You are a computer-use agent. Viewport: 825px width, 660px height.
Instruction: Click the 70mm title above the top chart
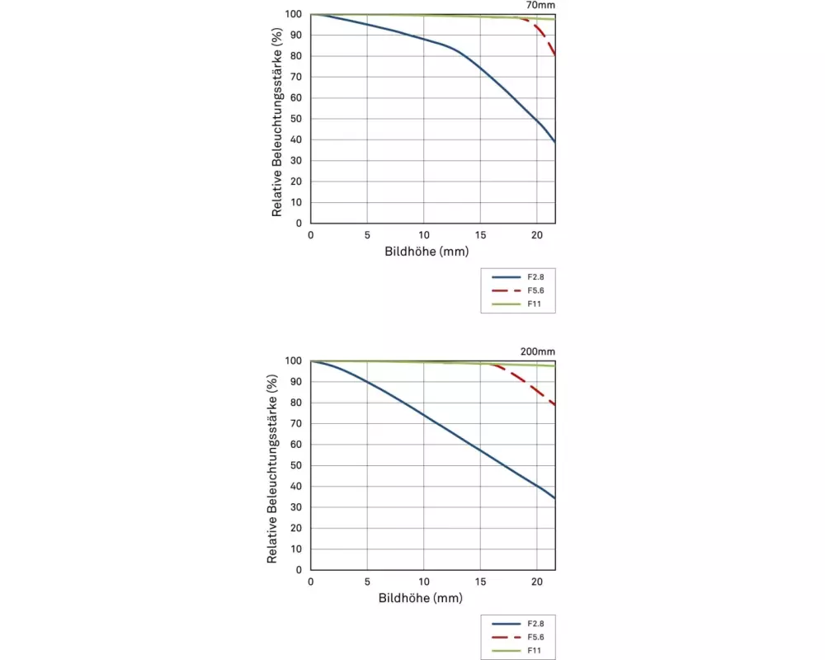(x=540, y=5)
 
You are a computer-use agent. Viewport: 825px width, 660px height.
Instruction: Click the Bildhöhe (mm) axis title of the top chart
(x=427, y=251)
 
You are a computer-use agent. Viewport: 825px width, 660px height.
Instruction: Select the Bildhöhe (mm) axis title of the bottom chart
(x=422, y=597)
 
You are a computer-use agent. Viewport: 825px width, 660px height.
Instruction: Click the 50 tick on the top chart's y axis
(x=295, y=119)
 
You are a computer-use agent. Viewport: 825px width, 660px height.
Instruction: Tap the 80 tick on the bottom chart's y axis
(x=295, y=403)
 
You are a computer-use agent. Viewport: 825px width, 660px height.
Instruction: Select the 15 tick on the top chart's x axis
(x=480, y=234)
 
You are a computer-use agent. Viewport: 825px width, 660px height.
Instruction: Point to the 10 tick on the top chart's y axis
(x=295, y=202)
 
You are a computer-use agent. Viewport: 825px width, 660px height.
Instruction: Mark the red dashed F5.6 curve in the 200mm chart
(x=528, y=384)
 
